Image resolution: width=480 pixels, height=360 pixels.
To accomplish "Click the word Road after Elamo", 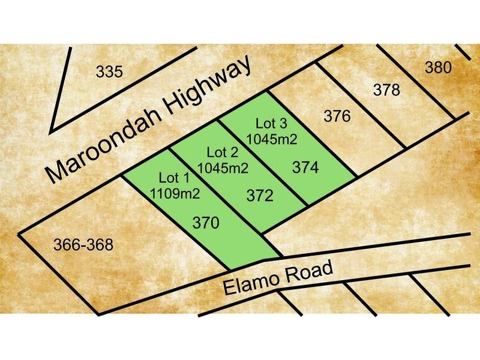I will pos(310,272).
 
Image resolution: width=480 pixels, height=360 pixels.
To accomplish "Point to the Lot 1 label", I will pos(174,178).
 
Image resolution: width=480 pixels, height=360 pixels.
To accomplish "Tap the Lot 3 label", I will pos(272,124).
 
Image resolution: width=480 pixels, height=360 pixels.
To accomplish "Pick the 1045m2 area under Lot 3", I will pos(275,139).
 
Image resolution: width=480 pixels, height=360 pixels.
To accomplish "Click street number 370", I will pos(206,223).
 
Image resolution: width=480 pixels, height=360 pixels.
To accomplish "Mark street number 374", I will pos(305,168).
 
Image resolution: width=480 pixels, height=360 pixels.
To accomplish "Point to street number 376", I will pos(337,116).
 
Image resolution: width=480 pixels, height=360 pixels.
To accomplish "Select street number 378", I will pos(386,91).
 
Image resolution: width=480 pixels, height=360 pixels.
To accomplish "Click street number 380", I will pos(437,68).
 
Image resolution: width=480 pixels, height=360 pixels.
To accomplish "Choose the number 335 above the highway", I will pos(109,73).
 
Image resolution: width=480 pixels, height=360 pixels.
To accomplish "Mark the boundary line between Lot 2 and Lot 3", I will pos(264,162).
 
